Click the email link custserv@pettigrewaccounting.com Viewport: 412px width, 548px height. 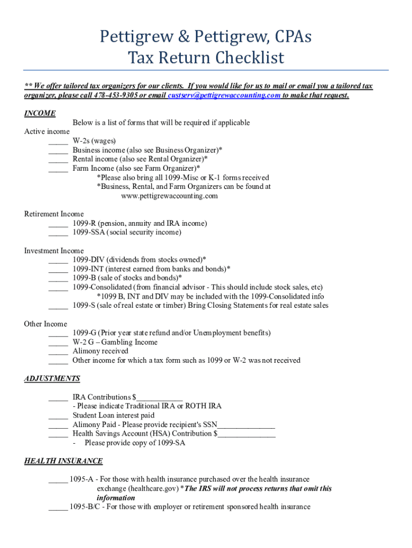[224, 95]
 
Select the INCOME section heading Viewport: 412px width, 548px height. [40, 113]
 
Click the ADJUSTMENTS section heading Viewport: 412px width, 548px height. [52, 378]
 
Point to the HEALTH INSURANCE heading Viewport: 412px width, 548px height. [63, 461]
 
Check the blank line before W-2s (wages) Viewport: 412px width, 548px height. [58, 141]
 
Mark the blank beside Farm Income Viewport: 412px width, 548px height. [58, 169]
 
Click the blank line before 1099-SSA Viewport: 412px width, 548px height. [58, 233]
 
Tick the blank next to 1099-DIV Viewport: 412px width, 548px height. [58, 260]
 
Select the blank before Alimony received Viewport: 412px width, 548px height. [58, 352]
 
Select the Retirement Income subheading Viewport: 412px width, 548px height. [54, 214]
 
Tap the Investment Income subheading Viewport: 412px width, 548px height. [54, 250]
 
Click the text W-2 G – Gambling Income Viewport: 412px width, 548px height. [115, 342]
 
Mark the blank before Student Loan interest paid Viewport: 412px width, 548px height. [58, 416]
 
